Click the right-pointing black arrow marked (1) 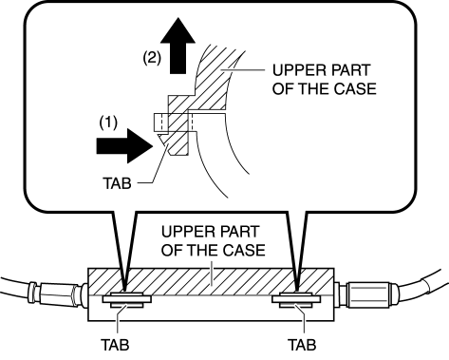(125, 145)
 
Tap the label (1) (108, 123)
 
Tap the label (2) (152, 58)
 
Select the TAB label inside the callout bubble (117, 183)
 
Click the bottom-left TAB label (115, 345)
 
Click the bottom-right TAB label (302, 345)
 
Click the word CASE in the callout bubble (355, 88)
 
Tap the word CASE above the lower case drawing (244, 250)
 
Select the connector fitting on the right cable (366, 294)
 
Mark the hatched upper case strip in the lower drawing (211, 282)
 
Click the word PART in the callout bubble (349, 70)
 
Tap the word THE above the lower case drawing (202, 250)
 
